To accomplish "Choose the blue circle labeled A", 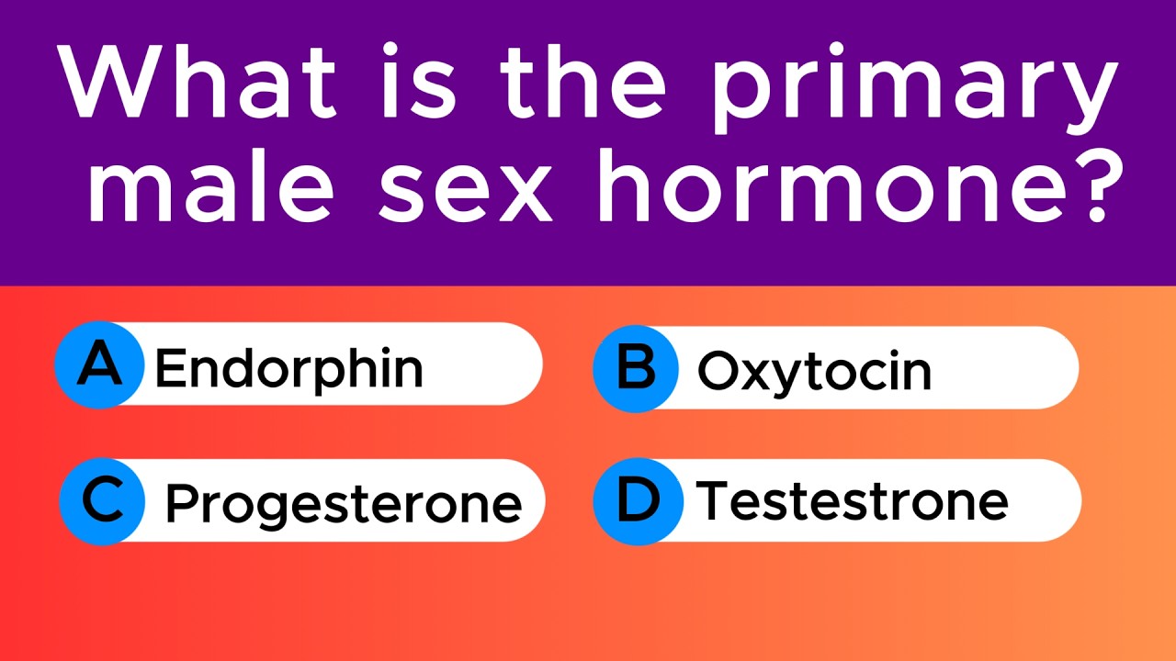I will [x=99, y=365].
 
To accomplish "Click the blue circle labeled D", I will [x=638, y=500].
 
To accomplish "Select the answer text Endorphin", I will [x=289, y=368].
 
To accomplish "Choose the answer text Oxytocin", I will [x=814, y=371].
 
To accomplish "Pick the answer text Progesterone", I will [x=343, y=504].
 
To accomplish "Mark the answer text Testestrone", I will [x=852, y=501].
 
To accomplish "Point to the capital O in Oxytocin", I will [x=717, y=371].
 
